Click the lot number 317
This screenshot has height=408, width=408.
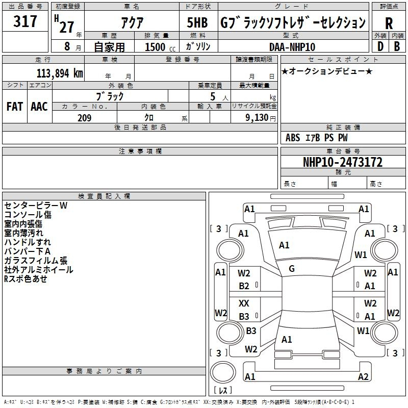click(25, 21)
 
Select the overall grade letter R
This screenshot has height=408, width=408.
click(389, 23)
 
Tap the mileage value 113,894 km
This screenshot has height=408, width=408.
click(60, 73)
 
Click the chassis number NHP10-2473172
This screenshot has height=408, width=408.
click(343, 162)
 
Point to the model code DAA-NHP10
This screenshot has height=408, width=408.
click(292, 47)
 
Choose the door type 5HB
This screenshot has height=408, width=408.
click(197, 22)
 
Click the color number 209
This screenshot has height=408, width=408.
click(84, 118)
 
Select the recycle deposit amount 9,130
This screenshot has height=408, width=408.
click(257, 118)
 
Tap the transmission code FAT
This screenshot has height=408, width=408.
click(15, 107)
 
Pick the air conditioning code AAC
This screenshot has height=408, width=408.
click(39, 107)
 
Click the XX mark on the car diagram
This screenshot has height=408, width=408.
click(244, 303)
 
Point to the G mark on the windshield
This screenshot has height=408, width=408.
click(292, 269)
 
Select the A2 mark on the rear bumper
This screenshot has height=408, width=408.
click(363, 376)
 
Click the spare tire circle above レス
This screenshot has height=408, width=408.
click(223, 372)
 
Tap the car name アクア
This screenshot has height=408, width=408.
click(132, 22)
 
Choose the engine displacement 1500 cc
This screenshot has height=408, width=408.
click(160, 47)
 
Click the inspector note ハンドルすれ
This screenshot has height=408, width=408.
click(28, 242)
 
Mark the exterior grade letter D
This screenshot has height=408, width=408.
click(380, 46)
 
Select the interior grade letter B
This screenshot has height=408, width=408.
click(397, 46)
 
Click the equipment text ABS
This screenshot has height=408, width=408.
click(293, 138)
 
